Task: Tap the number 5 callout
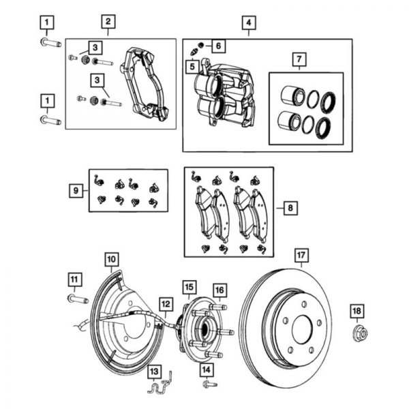tap(192, 66)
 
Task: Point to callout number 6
tap(217, 46)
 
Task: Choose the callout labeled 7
tap(297, 59)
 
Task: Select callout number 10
tap(111, 258)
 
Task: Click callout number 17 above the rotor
tap(301, 257)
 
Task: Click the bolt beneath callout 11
tap(74, 299)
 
